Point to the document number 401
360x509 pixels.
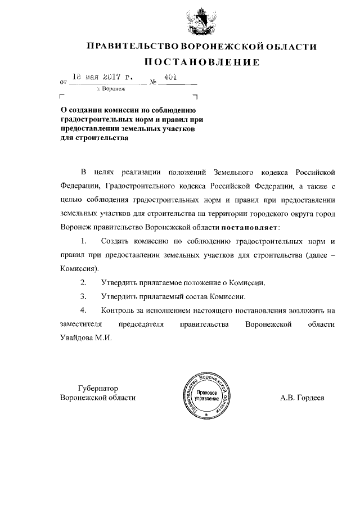click(x=170, y=78)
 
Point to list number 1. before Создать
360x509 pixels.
click(x=84, y=241)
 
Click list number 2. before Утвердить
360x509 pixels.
click(x=84, y=283)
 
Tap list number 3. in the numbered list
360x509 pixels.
click(x=84, y=296)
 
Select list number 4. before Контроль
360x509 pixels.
click(x=84, y=310)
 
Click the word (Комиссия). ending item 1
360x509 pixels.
click(x=78, y=269)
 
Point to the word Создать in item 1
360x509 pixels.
click(x=115, y=241)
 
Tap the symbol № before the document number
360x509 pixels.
click(x=153, y=82)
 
